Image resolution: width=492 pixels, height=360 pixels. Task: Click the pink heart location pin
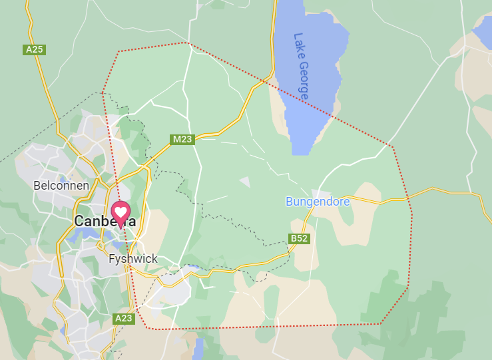point(121,214)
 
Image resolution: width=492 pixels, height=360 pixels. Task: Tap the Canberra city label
point(105,221)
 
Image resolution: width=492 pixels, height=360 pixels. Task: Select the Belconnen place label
point(61,186)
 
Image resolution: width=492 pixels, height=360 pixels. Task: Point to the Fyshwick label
point(133,259)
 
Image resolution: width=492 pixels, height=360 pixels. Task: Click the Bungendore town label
point(318,201)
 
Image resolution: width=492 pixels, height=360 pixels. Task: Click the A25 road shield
point(33,50)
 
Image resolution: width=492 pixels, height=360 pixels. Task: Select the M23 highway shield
point(182,139)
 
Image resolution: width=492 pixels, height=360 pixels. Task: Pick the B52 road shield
point(300,238)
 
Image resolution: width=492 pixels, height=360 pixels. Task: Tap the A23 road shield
point(124,319)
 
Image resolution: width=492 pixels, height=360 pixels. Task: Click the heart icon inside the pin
point(121,211)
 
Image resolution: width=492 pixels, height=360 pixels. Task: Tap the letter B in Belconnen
point(37,186)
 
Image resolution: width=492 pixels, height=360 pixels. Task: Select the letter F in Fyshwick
point(112,259)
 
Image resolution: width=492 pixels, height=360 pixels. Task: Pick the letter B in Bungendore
point(290,201)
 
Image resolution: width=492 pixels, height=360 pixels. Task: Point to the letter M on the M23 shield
point(176,139)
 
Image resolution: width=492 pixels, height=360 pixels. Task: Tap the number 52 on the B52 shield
point(302,238)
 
